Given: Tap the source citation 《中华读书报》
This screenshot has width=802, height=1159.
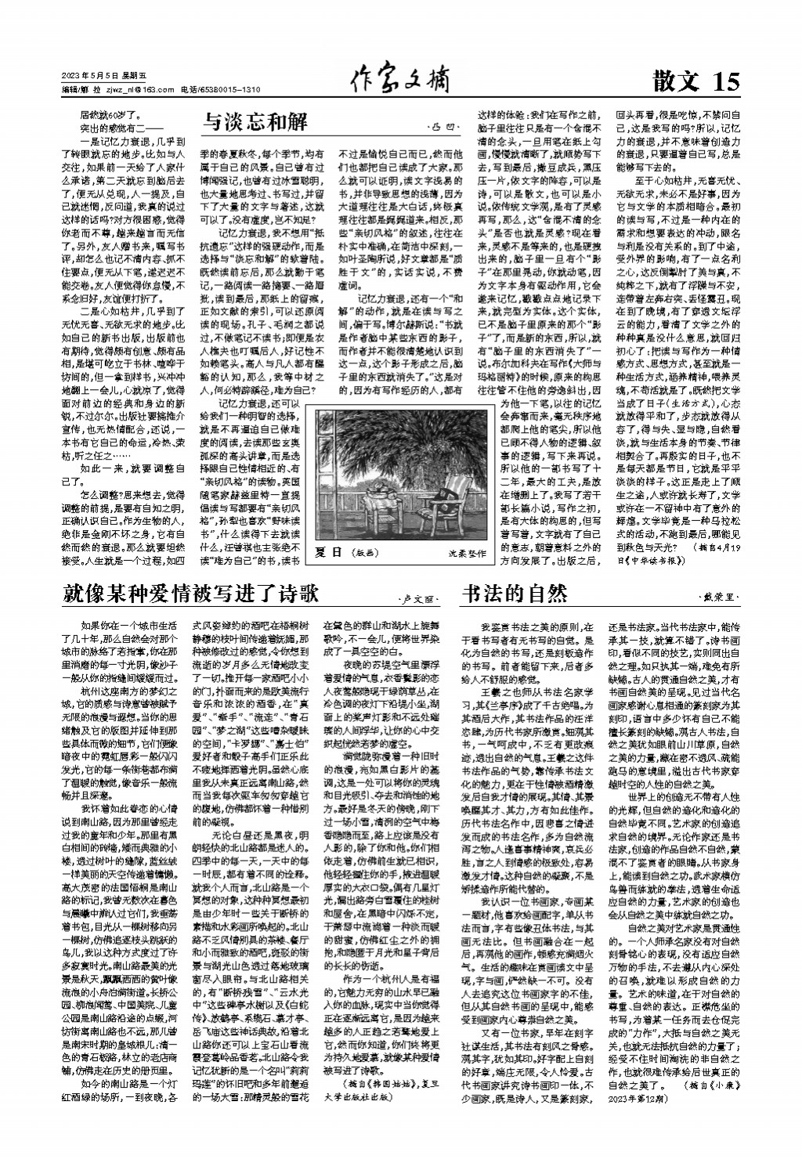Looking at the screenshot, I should (650, 561).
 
